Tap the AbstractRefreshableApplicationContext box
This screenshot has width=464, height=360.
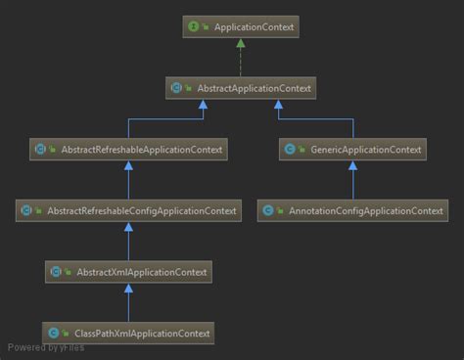[129, 150]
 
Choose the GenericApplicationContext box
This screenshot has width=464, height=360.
[351, 150]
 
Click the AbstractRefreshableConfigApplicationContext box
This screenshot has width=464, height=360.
[129, 210]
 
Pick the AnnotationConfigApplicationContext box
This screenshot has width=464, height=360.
[351, 210]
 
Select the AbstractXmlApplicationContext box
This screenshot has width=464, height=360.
[129, 271]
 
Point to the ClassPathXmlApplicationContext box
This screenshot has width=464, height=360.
[129, 333]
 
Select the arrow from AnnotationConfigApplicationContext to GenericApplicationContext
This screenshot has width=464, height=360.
[351, 181]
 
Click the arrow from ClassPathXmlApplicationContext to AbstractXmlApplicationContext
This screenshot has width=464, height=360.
[129, 302]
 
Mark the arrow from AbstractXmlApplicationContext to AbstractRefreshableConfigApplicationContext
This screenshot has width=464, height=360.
[129, 242]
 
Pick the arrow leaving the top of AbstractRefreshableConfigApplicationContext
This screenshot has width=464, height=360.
[129, 181]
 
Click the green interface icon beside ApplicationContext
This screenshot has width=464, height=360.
[193, 27]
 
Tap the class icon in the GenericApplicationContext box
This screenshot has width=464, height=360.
[290, 150]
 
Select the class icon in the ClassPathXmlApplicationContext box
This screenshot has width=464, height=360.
[54, 333]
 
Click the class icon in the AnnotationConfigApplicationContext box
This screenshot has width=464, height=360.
[268, 210]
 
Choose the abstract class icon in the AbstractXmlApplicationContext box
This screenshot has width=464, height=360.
[57, 271]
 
